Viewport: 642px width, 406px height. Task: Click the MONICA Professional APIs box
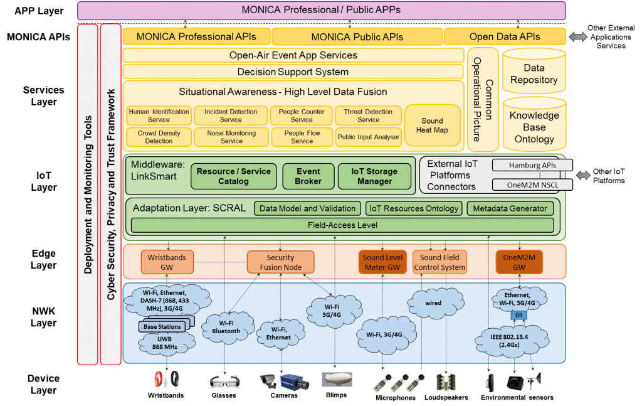tap(196, 36)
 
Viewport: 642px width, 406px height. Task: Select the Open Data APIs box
tap(505, 36)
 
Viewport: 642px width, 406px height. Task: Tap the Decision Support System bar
tap(293, 72)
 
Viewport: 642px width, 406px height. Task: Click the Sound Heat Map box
tap(432, 126)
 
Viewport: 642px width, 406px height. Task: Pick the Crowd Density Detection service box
tap(159, 137)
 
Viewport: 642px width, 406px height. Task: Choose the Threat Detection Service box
tap(368, 115)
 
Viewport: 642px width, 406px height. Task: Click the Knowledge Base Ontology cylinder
tap(534, 126)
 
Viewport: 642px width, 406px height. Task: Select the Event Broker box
tap(308, 176)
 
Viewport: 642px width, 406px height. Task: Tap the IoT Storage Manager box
tap(374, 176)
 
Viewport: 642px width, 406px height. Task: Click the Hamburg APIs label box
tap(532, 166)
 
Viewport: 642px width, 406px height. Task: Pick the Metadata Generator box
tap(510, 208)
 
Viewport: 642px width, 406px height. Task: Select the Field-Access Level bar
tap(342, 225)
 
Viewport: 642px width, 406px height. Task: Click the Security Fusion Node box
tap(280, 262)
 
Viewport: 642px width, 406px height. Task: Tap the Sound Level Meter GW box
tap(382, 262)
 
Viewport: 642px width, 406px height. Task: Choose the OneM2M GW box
tap(518, 262)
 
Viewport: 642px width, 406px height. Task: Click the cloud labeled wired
tap(433, 302)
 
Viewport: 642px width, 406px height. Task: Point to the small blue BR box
tap(518, 315)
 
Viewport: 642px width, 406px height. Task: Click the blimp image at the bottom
tap(337, 380)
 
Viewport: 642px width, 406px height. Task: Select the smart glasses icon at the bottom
tap(224, 382)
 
